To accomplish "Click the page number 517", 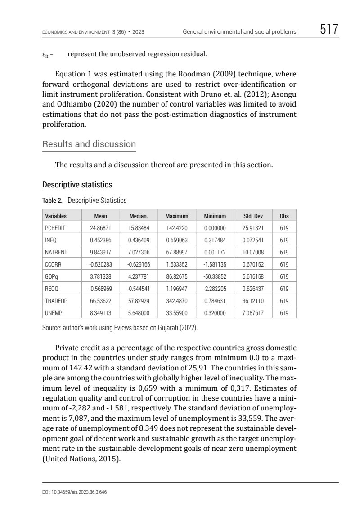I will coord(329,31).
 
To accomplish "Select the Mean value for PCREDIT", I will coord(101,228).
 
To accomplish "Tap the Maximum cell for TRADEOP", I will coord(177,301).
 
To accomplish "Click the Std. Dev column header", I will coord(253,216).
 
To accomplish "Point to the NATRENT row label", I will coord(56,252).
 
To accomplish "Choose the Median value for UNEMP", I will coord(139,313).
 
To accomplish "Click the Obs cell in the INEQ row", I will coord(284,240).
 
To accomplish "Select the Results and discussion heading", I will coord(89,144).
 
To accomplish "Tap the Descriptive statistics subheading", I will coord(77,185).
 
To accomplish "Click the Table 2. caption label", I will coord(52,201).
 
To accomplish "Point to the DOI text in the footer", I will coord(74,492).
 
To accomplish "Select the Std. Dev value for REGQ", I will coord(253,289).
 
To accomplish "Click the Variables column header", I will coord(56,216).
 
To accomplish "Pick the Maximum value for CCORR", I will coord(177,264).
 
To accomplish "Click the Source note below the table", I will coord(120,328).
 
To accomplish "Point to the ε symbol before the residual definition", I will coord(45,55).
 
